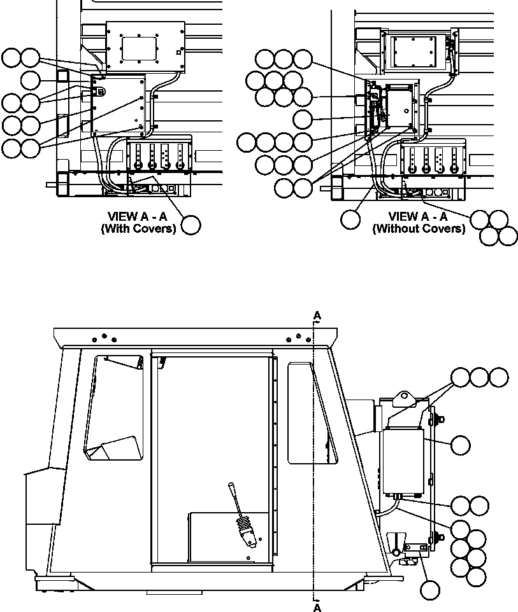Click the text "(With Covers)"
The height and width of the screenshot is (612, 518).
coord(138,229)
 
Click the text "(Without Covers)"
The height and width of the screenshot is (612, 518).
coord(419,228)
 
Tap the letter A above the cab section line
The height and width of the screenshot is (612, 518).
coord(317,315)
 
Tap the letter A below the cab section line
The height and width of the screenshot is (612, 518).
coord(317,608)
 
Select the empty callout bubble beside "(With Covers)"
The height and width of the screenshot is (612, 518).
coord(191,225)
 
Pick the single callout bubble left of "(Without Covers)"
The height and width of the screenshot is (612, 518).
coord(350,219)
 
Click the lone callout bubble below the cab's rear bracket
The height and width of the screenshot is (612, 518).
coord(430,590)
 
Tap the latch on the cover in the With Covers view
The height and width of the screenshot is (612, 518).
coord(100,91)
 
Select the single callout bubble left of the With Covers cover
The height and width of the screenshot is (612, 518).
coord(31,80)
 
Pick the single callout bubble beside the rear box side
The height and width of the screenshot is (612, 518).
coord(460,445)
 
